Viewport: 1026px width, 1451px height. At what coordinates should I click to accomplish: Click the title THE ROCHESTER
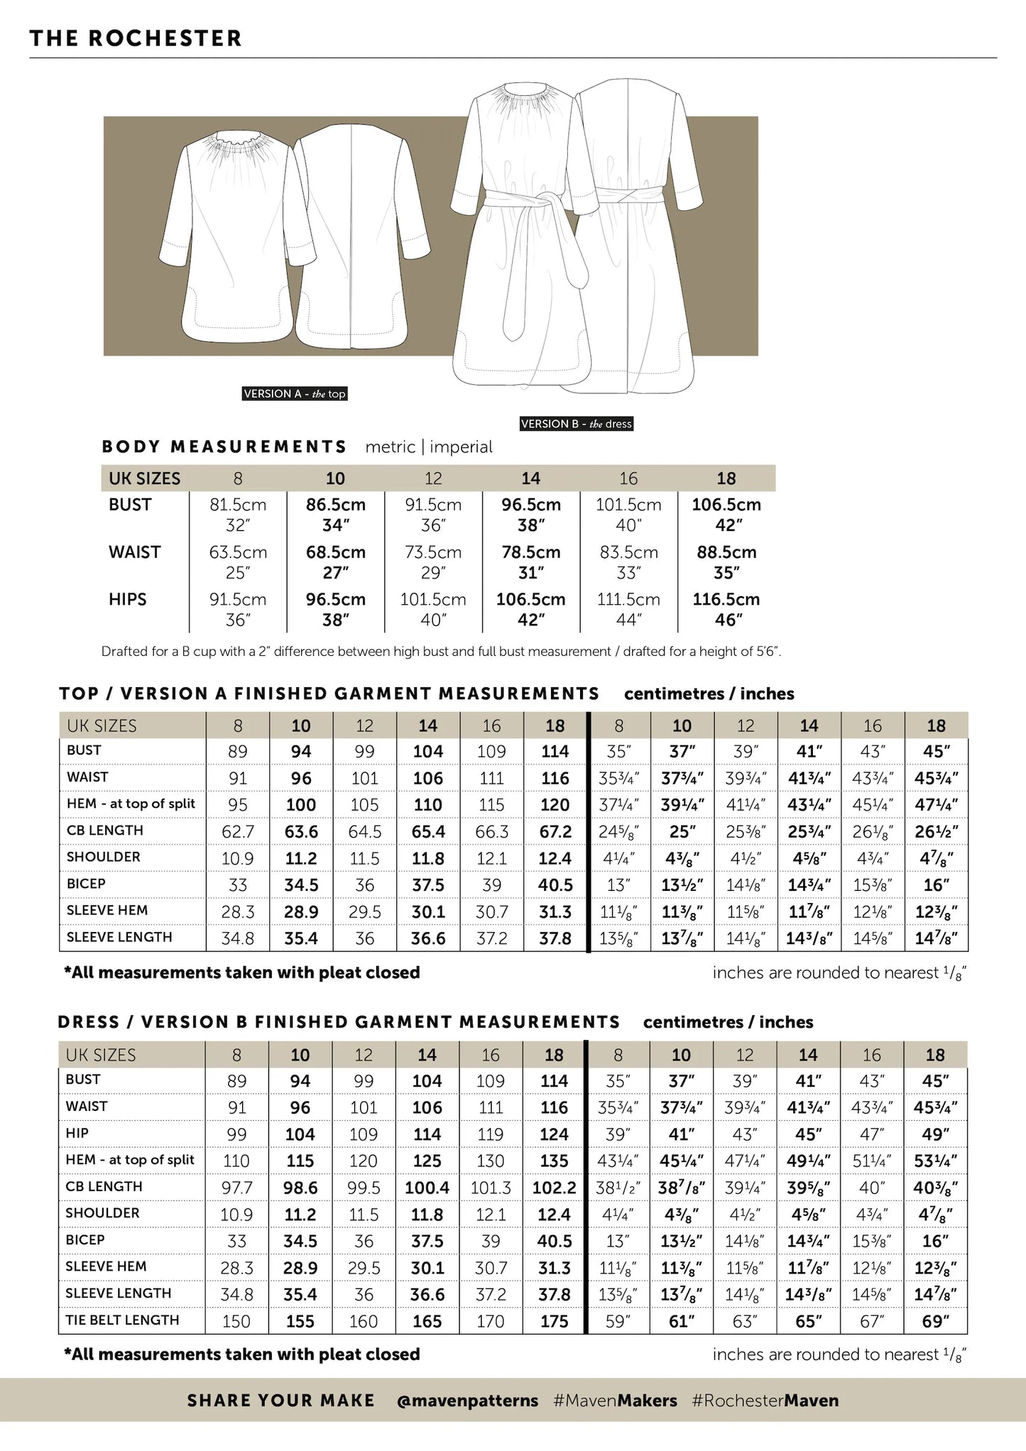(136, 38)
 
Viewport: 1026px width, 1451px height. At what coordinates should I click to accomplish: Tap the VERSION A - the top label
(295, 394)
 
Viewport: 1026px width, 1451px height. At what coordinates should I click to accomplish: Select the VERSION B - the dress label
(576, 424)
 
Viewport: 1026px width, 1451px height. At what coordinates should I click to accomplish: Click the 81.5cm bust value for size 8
(238, 505)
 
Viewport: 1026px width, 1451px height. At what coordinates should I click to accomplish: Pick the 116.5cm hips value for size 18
(726, 599)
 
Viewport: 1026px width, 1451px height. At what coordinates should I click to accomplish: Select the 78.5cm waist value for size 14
(530, 552)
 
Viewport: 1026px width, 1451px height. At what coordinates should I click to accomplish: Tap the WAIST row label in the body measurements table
(135, 552)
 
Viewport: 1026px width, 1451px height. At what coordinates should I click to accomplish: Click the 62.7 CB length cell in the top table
(238, 832)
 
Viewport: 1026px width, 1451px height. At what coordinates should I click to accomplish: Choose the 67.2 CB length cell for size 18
(555, 832)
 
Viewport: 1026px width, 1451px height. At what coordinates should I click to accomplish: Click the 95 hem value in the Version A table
(238, 805)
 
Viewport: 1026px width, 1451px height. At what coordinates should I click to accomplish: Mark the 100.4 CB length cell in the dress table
(427, 1188)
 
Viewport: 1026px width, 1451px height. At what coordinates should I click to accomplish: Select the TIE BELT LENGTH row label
(122, 1320)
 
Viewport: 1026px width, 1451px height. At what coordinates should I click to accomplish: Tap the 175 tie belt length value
(554, 1322)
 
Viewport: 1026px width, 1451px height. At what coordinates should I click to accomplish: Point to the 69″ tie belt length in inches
(935, 1322)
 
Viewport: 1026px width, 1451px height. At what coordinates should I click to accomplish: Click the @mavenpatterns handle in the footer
(467, 1401)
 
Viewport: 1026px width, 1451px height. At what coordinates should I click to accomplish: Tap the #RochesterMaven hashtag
(765, 1401)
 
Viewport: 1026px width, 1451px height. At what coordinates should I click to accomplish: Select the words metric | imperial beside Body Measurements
(428, 447)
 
